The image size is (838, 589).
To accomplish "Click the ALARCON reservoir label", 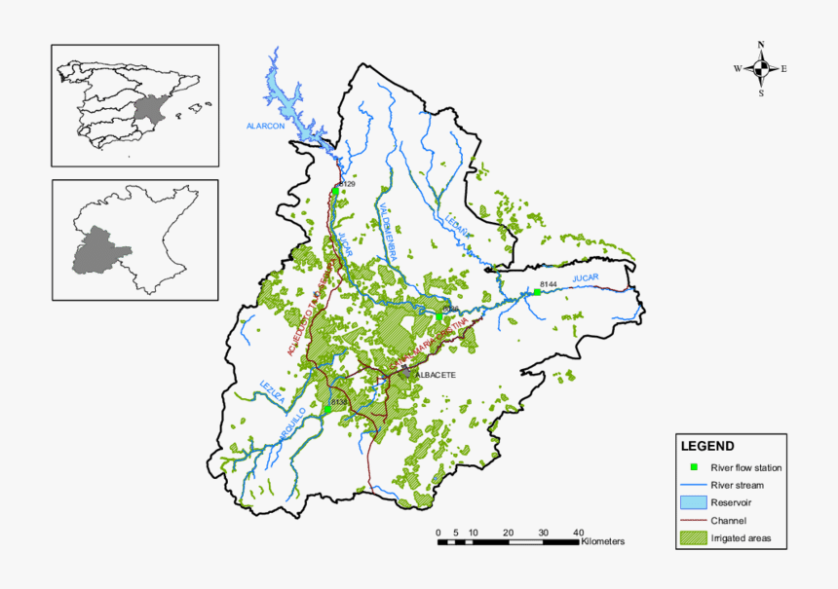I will click(x=264, y=127).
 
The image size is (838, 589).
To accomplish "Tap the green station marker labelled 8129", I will click(x=335, y=192).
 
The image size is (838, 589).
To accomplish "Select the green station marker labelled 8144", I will click(x=537, y=292).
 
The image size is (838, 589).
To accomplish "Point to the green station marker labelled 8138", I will click(x=329, y=409).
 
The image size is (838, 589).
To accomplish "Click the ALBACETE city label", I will click(x=436, y=375).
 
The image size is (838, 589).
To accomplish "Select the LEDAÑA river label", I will click(x=457, y=227).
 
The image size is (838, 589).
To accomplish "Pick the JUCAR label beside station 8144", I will click(x=585, y=279).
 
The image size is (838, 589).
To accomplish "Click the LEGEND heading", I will click(x=707, y=447).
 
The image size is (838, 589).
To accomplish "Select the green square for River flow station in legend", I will click(x=693, y=467).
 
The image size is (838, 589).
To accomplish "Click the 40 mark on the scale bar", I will click(x=578, y=532).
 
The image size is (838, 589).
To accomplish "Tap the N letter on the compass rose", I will click(x=761, y=44).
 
